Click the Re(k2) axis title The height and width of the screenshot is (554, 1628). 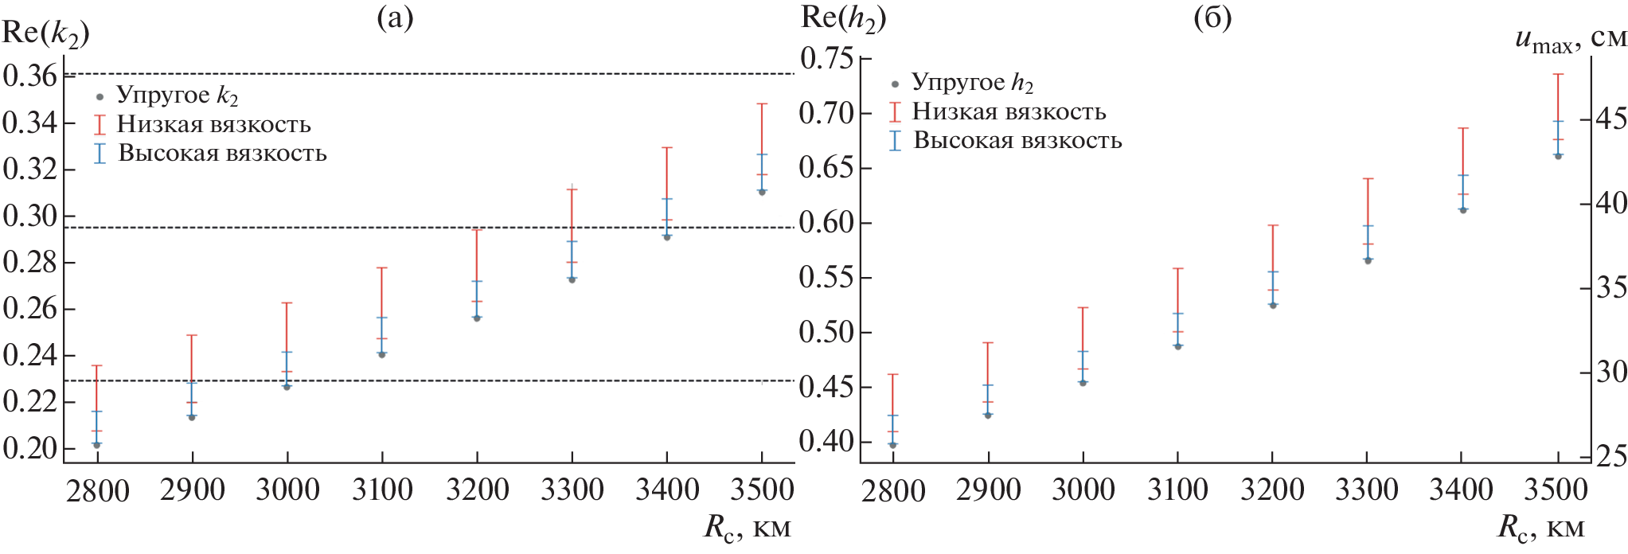(x=45, y=33)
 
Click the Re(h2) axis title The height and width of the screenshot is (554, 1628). (x=842, y=18)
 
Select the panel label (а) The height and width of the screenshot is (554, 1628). (x=395, y=18)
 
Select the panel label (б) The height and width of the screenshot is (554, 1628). (x=1212, y=18)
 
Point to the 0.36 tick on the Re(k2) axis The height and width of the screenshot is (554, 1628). (x=29, y=76)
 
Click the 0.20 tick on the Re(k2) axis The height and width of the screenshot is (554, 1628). (x=29, y=448)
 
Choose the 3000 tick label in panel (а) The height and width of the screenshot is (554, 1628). (x=287, y=490)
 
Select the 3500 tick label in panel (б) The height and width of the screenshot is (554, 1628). (x=1557, y=490)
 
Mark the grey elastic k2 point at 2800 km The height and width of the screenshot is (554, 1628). (x=97, y=445)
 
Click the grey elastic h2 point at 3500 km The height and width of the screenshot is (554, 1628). (x=1558, y=156)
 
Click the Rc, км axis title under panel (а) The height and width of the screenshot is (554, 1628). (x=748, y=528)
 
